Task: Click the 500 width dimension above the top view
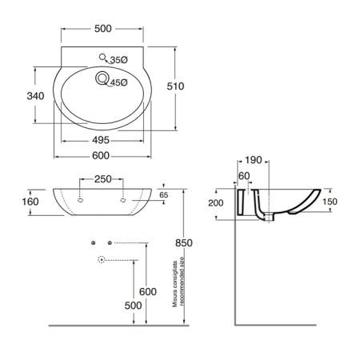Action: [103, 29]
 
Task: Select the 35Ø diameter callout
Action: [119, 60]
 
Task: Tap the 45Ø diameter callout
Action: [119, 83]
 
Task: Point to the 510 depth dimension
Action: [175, 86]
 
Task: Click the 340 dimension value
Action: [35, 96]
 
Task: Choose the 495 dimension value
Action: [101, 140]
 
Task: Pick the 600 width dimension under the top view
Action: [101, 155]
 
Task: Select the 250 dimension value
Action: [103, 179]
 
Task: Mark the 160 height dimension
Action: [30, 202]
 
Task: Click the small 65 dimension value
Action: [164, 195]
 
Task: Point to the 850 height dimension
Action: [184, 243]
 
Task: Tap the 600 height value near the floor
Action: [148, 292]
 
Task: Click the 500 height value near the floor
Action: [133, 306]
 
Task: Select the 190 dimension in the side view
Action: [254, 160]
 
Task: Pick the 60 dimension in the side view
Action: [244, 176]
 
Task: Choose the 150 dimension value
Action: [330, 202]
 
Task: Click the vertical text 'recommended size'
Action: [182, 282]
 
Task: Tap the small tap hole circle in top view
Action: [102, 57]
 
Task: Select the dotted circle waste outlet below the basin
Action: [102, 259]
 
